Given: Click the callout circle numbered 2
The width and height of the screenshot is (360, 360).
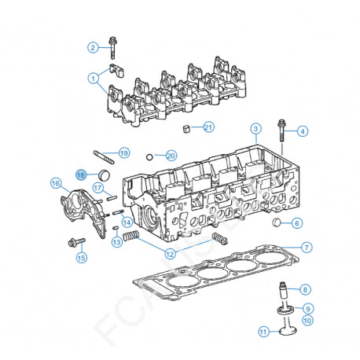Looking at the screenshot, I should [93, 47].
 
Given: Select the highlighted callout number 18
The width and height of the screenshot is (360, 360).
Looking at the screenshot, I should [80, 174].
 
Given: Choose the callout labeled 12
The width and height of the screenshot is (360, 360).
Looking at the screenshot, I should [170, 253].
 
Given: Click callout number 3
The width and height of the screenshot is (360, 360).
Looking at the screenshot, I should [255, 128].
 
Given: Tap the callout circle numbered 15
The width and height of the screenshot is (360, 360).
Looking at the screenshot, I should [80, 256].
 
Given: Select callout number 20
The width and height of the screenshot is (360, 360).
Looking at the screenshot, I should [171, 156].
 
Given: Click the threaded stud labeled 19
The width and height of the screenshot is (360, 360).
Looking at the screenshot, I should [105, 152].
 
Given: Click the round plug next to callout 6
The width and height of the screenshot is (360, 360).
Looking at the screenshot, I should [276, 222].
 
